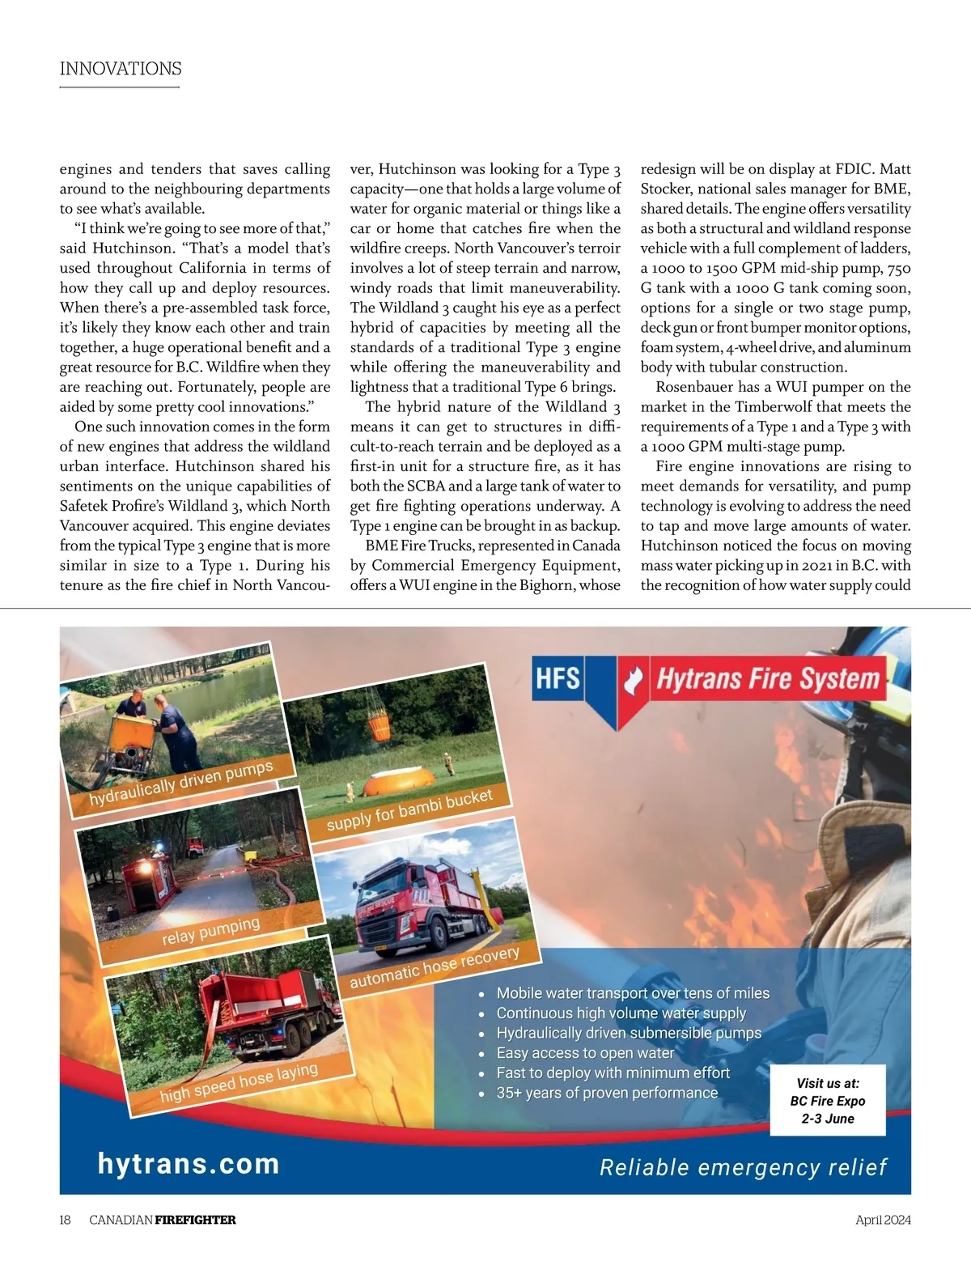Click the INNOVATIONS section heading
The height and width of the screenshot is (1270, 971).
[x=121, y=69]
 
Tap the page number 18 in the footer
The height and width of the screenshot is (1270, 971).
[x=65, y=1220]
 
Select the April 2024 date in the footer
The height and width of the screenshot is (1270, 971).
[x=883, y=1220]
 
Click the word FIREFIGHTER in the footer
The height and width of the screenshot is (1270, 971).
[x=195, y=1220]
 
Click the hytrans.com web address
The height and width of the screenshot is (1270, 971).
[x=189, y=1163]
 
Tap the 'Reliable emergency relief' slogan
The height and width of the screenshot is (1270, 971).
[x=743, y=1167]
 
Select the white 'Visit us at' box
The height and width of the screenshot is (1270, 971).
[x=828, y=1100]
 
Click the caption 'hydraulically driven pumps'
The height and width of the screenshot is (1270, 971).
[x=181, y=783]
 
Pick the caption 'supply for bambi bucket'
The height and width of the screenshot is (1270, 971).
[x=409, y=810]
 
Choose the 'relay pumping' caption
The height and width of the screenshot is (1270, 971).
[x=210, y=931]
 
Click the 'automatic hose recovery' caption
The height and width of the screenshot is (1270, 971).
[x=435, y=966]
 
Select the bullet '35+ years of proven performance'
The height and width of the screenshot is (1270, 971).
[x=607, y=1093]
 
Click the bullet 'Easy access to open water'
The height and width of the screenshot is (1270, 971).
[x=585, y=1053]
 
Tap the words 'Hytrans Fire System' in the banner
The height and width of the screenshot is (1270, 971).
[x=767, y=678]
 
